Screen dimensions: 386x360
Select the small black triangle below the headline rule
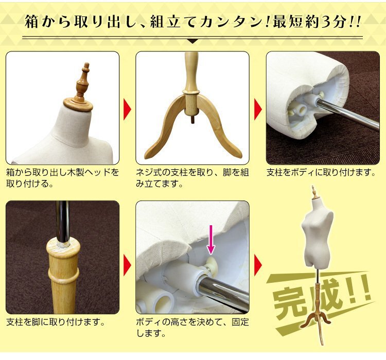193,41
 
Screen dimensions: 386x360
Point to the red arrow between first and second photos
127,109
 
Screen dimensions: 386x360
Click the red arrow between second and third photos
258,109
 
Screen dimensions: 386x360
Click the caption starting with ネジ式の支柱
192,177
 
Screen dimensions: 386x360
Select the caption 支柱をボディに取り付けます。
321,172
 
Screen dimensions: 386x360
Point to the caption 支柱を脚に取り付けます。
56,322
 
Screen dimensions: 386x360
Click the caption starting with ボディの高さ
192,328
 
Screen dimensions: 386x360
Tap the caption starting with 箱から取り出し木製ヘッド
62,177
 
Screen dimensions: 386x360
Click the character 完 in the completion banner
289,304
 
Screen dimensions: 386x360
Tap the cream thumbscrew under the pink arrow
212,263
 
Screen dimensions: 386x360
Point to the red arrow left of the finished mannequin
258,265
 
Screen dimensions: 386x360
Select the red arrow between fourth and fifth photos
127,265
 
